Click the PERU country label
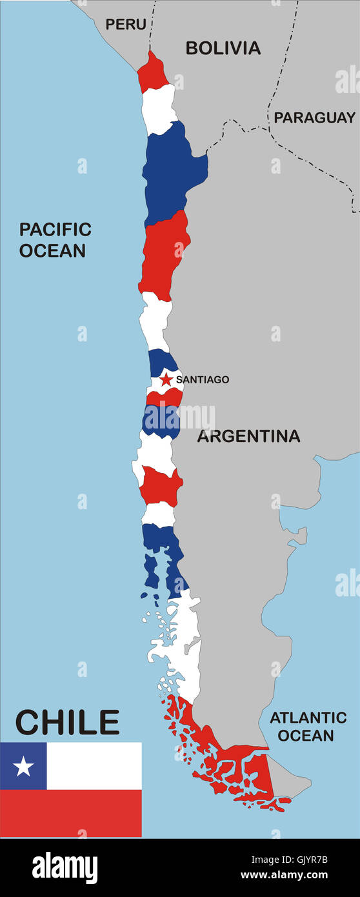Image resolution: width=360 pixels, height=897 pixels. point(126,25)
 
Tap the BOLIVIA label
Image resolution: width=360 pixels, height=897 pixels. point(223,48)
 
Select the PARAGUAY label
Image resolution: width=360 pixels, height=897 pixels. point(314,117)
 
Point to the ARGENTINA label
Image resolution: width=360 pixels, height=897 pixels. point(248,436)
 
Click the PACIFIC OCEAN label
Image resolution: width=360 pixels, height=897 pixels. point(55,239)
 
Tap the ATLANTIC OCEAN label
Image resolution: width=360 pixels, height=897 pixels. point(308,726)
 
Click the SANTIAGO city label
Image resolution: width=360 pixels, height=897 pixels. point(202,379)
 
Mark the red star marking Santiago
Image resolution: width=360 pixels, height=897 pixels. point(166,379)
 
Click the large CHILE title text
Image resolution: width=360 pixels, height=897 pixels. point(67,723)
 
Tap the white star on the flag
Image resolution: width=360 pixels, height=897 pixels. point(23,766)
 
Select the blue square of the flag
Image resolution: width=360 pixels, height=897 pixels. point(23,766)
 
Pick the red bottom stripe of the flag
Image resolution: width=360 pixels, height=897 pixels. point(71,813)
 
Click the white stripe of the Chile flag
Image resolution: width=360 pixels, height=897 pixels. point(94,766)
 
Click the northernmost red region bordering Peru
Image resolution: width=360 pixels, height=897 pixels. point(152,74)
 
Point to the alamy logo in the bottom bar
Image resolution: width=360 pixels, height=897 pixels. point(65,868)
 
